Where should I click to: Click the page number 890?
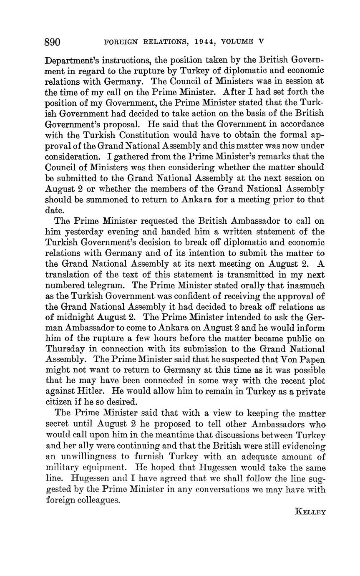point(53,42)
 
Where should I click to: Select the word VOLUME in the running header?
point(237,42)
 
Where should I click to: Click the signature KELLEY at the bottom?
point(310,512)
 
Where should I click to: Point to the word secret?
point(57,424)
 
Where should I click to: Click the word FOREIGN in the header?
point(120,42)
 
